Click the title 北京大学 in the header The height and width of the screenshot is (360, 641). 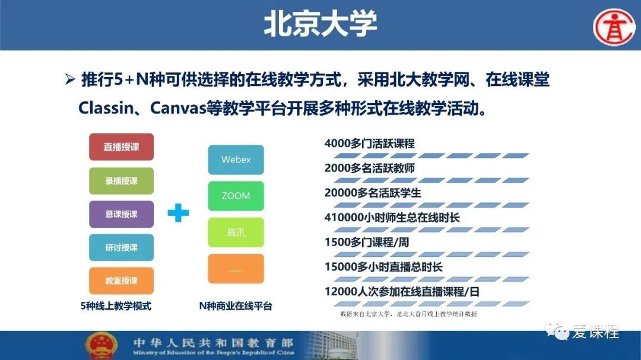coord(320,24)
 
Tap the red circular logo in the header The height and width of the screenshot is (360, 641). coord(614,27)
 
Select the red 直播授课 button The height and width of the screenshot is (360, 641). coord(122,146)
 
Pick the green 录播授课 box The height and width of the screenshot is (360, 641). coord(122,181)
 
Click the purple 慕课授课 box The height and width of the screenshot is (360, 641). coord(122,214)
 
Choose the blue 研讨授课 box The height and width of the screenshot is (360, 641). coord(122,247)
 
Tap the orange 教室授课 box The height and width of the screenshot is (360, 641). coord(122,281)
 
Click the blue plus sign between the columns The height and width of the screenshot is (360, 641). coord(178,212)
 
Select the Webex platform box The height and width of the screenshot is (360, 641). coord(236,160)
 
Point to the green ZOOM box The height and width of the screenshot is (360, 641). coord(236,196)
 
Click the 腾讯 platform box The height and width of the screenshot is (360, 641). coord(236,232)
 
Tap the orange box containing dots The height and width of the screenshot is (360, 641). coord(236,269)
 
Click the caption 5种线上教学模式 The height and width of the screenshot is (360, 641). coord(116,306)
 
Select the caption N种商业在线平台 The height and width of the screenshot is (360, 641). coord(236,306)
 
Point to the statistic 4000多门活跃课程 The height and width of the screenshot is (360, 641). coord(370,144)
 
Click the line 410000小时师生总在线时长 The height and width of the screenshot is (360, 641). coord(392,218)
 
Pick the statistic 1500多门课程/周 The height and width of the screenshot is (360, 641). coord(367,243)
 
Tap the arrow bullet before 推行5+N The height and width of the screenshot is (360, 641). coord(70,79)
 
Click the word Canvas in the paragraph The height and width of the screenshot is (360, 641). coord(178,109)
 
